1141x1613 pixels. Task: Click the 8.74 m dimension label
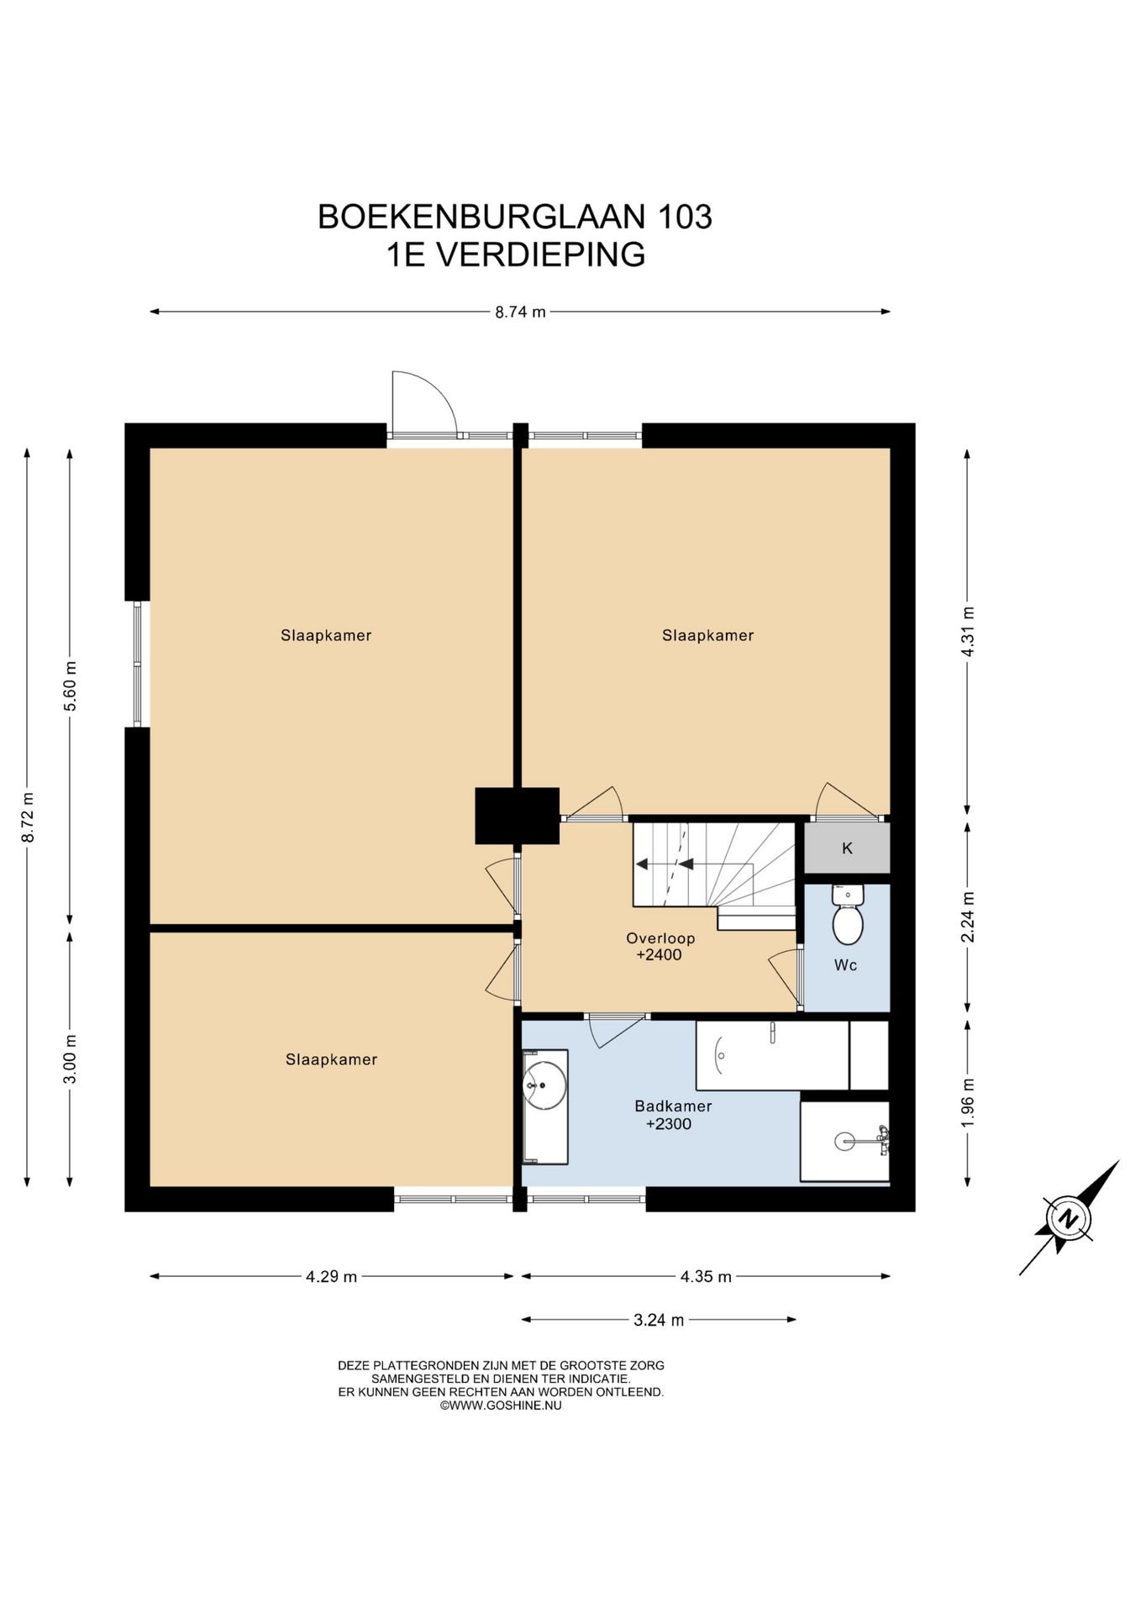tap(520, 312)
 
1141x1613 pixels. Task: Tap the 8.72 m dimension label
tap(28, 817)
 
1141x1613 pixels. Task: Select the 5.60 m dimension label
tap(71, 686)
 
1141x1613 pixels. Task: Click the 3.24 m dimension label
tap(659, 1320)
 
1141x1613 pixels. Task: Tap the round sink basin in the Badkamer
tap(544, 1085)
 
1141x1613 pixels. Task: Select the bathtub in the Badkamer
tap(772, 1055)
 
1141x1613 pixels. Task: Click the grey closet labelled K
tap(847, 849)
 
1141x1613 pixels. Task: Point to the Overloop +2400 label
tap(660, 947)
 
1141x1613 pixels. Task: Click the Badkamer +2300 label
tap(673, 1116)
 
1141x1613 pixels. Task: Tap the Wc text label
tap(846, 965)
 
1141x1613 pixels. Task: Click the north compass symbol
tap(1068, 1218)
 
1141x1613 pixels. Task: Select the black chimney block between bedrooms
tap(518, 816)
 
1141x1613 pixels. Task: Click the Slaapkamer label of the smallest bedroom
tap(331, 1060)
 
